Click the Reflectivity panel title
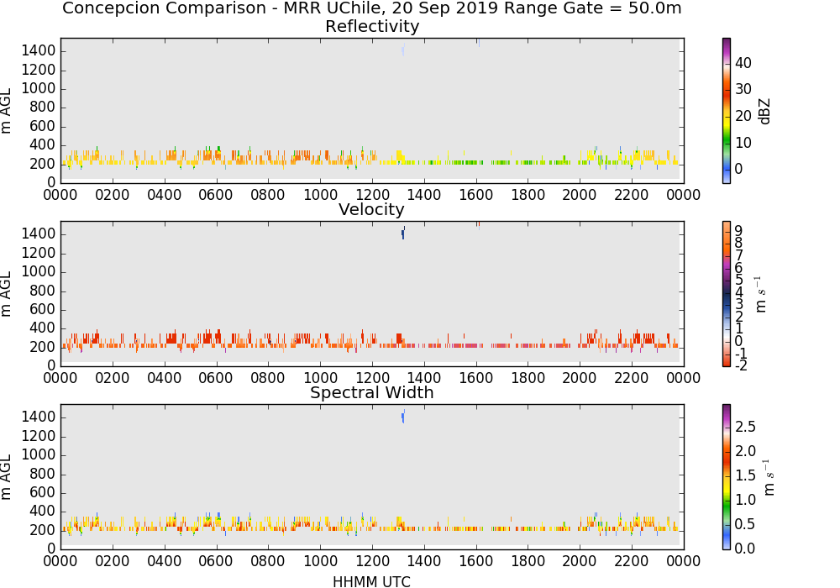click(372, 26)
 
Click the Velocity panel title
click(371, 209)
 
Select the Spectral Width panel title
click(372, 392)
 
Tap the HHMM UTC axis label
click(372, 581)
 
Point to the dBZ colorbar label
click(764, 112)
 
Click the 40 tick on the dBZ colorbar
click(743, 63)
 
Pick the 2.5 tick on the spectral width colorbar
click(745, 426)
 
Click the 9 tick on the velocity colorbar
click(738, 230)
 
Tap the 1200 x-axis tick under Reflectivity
click(372, 195)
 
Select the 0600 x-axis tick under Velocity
click(216, 378)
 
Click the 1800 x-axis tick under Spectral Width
click(528, 561)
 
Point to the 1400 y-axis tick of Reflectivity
click(38, 51)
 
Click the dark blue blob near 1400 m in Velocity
click(403, 233)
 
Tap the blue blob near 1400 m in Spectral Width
click(403, 416)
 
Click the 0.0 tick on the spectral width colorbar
click(745, 549)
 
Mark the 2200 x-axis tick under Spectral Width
click(632, 561)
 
